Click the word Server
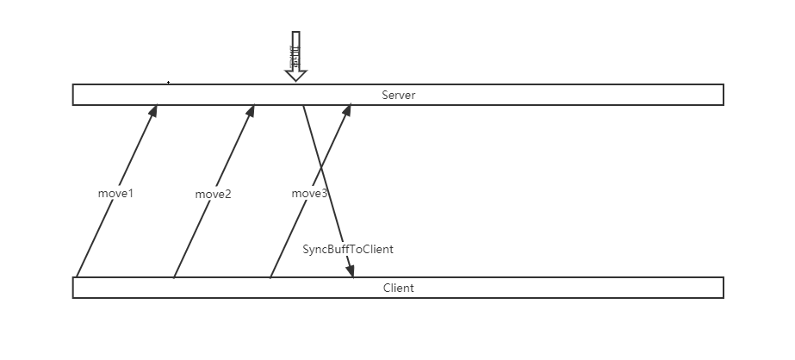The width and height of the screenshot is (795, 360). [398, 95]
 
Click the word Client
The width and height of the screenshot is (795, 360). [398, 288]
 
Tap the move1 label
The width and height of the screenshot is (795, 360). [115, 194]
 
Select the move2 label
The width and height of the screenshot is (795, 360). [213, 195]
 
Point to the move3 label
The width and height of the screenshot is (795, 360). [309, 194]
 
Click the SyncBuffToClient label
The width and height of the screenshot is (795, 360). [348, 249]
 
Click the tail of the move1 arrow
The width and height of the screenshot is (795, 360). [77, 277]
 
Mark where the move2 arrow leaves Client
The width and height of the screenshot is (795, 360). [174, 277]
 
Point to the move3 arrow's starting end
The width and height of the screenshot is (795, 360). [270, 277]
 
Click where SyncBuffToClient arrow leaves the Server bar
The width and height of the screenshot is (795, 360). [302, 106]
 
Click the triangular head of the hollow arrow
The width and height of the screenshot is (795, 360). [295, 75]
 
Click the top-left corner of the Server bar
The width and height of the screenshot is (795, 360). [73, 84]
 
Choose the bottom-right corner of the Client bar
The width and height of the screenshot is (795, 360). [723, 298]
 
